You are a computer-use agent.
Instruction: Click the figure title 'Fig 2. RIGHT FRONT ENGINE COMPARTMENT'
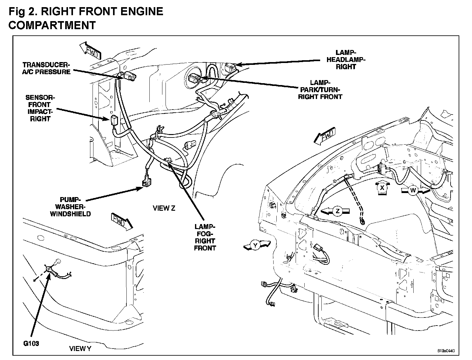tap(85, 18)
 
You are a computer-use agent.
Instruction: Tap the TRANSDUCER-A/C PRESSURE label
tap(47, 68)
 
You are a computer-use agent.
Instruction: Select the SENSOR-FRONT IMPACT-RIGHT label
tap(40, 108)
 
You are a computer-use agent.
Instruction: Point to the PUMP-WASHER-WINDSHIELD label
tap(70, 207)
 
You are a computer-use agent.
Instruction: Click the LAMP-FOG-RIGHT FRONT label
tap(205, 237)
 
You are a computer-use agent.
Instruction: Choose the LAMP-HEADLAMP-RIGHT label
tap(346, 60)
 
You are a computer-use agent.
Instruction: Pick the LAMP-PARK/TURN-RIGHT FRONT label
tap(320, 90)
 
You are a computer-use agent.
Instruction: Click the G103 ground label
tap(31, 344)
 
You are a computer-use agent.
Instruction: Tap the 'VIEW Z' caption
tap(164, 208)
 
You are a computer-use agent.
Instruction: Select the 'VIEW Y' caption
tap(80, 349)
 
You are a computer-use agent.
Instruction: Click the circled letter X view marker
tap(383, 188)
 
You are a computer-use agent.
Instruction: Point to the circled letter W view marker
tap(413, 191)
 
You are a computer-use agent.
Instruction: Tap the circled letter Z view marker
tap(338, 212)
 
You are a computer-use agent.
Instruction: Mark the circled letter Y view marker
tap(255, 245)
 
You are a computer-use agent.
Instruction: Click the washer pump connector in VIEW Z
tap(146, 182)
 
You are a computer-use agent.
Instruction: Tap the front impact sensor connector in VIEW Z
tap(113, 119)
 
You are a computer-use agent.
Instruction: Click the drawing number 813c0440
tap(446, 351)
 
